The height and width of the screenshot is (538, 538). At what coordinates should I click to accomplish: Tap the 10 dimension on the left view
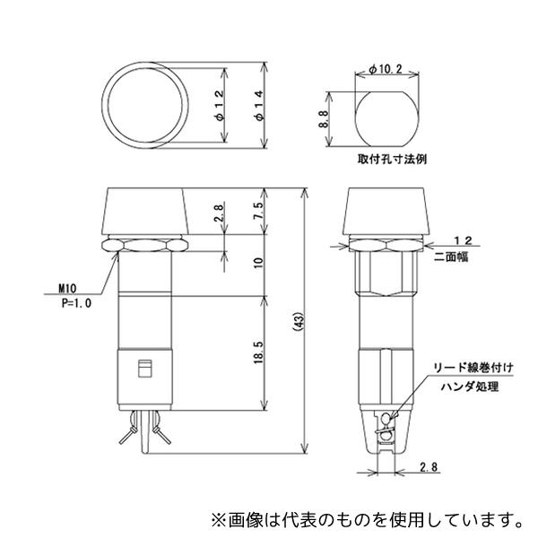tap(258, 264)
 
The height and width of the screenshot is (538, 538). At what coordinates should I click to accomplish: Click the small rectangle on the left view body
tap(142, 368)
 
